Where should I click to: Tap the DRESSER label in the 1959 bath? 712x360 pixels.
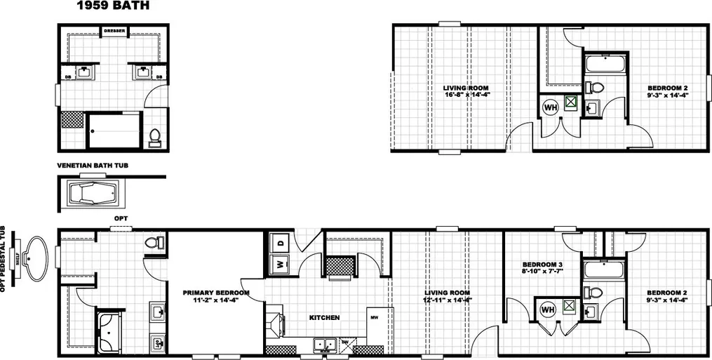(114, 31)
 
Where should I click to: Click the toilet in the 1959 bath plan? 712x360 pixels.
(156, 136)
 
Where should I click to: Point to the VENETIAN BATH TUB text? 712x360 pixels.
(92, 166)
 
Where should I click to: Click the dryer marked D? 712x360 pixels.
(280, 242)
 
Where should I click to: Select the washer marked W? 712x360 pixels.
(280, 265)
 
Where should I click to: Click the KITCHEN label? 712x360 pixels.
(324, 318)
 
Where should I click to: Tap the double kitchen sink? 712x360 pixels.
(324, 344)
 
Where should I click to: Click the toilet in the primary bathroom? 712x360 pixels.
(154, 242)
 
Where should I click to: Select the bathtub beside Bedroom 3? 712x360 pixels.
(601, 271)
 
